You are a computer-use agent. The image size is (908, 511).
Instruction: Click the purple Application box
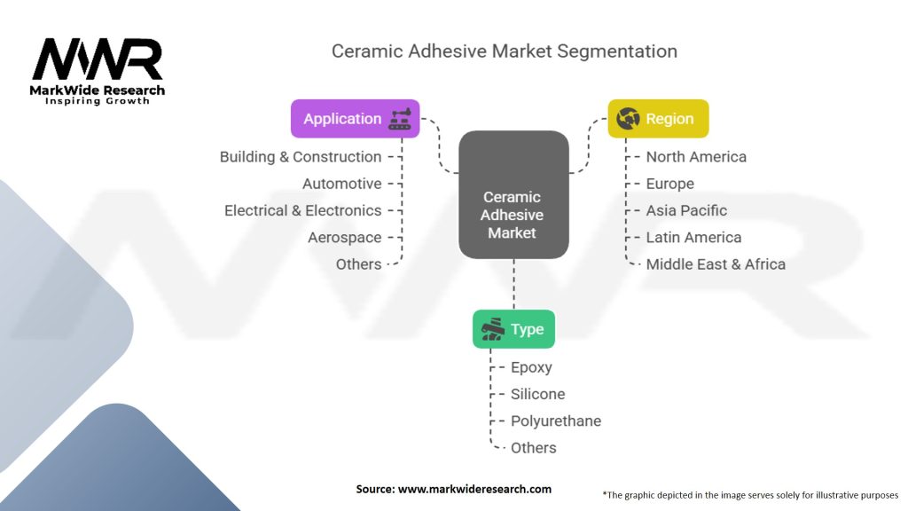tap(355, 119)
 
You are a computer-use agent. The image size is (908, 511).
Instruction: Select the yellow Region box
tap(658, 119)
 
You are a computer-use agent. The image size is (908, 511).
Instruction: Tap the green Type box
tap(513, 329)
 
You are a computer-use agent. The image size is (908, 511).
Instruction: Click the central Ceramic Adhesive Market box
tap(513, 195)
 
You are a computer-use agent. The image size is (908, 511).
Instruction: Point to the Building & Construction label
tap(301, 157)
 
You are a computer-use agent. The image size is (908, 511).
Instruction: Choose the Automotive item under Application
tap(341, 184)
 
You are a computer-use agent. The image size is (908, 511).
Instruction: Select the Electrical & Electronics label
tap(302, 210)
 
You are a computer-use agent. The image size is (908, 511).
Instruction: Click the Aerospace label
tap(344, 238)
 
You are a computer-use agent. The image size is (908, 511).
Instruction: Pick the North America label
tap(696, 157)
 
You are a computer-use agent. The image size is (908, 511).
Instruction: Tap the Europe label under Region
tap(669, 184)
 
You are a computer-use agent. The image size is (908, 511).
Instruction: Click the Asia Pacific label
tap(686, 210)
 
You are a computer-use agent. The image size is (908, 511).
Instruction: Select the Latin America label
tap(693, 238)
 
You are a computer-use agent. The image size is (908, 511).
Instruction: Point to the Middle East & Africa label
tap(716, 264)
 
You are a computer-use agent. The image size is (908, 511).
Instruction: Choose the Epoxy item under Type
tap(531, 367)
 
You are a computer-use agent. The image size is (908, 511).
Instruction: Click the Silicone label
tap(537, 394)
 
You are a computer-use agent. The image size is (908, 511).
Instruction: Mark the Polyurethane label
tap(556, 421)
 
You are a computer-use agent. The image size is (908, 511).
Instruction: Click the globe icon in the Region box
tap(629, 119)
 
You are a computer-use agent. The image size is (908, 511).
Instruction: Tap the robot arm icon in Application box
tap(400, 119)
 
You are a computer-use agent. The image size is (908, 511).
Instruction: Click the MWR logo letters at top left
tap(98, 60)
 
